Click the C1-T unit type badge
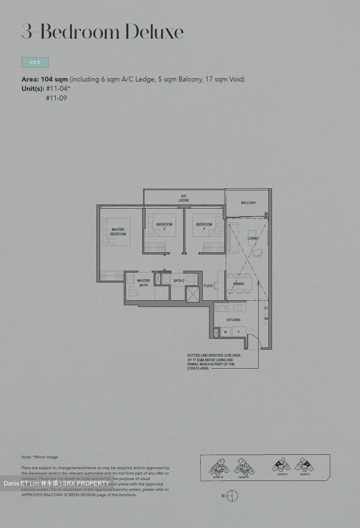pos(35,62)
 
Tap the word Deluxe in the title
pos(154,32)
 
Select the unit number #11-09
pos(56,98)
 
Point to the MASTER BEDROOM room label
pos(118,232)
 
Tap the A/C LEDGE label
pos(184,198)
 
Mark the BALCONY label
pos(248,203)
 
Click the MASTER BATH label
pos(143,283)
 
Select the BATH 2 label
pos(179,281)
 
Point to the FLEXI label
pos(208,286)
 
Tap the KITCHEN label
pos(233,320)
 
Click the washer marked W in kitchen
pos(225,332)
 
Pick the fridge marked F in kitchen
pos(239,332)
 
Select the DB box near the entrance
pos(266,319)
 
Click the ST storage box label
pos(266,308)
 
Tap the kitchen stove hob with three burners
pos(221,307)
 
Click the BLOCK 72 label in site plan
pos(305,474)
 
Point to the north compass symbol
pos(232,496)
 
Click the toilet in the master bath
pos(133,293)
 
